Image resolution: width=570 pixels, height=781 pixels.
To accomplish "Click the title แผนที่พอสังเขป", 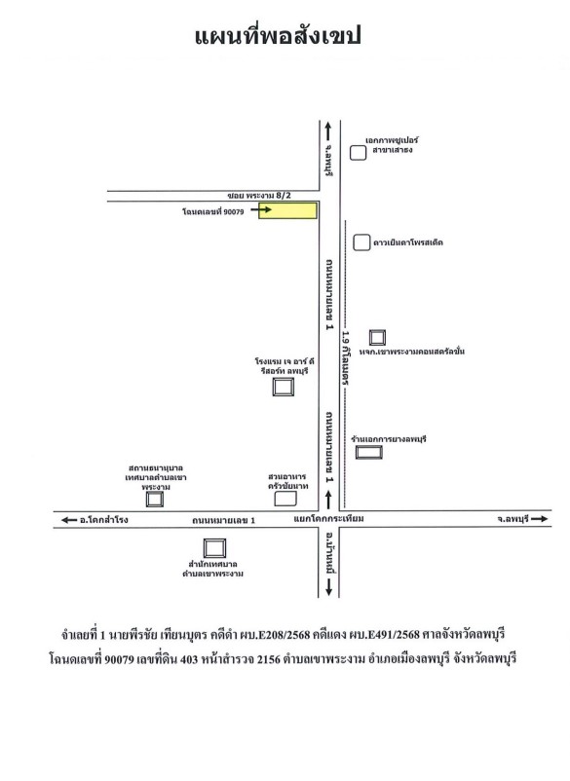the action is pyautogui.click(x=278, y=36).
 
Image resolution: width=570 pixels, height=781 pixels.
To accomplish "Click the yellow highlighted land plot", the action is pyautogui.click(x=287, y=210).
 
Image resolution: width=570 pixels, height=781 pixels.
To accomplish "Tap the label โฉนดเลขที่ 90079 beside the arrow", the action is pyautogui.click(x=213, y=211).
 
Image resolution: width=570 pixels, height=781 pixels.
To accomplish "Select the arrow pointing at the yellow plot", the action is pyautogui.click(x=261, y=209).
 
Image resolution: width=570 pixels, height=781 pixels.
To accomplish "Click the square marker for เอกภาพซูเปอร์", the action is pyautogui.click(x=358, y=153).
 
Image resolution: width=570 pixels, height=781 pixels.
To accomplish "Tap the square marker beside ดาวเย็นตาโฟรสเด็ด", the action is pyautogui.click(x=361, y=242).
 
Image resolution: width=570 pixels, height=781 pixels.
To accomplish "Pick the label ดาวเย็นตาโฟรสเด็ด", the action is pyautogui.click(x=408, y=243).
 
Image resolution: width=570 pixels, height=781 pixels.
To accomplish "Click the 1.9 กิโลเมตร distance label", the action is pyautogui.click(x=346, y=357).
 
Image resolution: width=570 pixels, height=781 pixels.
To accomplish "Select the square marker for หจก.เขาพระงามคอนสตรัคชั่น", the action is pyautogui.click(x=377, y=338).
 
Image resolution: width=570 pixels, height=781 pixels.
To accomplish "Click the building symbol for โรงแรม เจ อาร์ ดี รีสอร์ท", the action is pyautogui.click(x=283, y=387).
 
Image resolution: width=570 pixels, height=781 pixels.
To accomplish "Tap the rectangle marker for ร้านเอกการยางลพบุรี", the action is pyautogui.click(x=368, y=452).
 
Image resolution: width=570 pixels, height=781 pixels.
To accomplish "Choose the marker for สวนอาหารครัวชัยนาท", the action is pyautogui.click(x=285, y=499).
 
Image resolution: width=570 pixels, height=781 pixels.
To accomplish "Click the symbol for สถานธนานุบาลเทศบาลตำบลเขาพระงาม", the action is pyautogui.click(x=155, y=500).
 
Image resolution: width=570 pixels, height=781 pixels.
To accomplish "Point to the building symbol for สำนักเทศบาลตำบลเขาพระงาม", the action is pyautogui.click(x=214, y=548).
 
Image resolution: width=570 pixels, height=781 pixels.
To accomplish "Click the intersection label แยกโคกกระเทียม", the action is pyautogui.click(x=329, y=519).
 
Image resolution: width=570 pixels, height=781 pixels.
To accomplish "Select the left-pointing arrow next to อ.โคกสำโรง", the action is pyautogui.click(x=69, y=520).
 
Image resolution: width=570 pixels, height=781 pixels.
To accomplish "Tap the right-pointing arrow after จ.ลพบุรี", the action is pyautogui.click(x=539, y=519).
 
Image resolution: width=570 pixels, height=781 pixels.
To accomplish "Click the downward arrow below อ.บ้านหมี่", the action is pyautogui.click(x=329, y=588).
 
